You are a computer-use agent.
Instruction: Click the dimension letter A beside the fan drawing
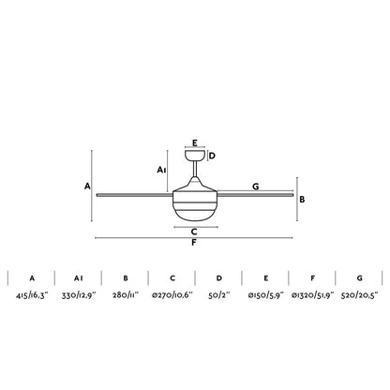86,187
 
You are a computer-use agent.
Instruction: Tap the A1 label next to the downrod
162,170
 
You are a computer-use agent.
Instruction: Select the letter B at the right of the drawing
303,200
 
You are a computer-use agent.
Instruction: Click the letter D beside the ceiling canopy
213,156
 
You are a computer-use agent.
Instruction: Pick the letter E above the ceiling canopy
194,143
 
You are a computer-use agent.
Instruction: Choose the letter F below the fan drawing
193,244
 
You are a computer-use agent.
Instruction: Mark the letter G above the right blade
256,187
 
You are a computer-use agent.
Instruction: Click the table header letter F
313,277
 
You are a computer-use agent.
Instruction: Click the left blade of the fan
131,195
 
